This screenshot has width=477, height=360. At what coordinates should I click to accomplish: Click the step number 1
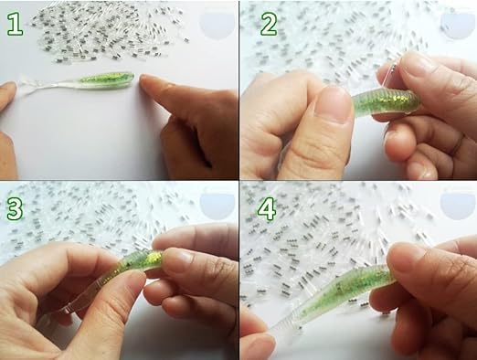coord(15,25)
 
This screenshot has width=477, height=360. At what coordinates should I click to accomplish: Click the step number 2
coord(269,24)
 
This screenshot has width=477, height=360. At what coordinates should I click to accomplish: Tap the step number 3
coord(15,208)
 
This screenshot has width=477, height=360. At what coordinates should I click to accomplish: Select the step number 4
coord(267,208)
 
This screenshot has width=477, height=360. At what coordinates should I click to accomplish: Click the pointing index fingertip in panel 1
coord(148,81)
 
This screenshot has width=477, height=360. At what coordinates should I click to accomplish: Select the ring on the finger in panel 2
coord(457,145)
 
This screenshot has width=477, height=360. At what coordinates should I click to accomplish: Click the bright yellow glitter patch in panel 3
coord(154,258)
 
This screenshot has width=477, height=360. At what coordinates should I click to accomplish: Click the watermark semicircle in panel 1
coord(217,25)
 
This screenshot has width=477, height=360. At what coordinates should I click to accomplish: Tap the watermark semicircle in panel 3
coord(217,205)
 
